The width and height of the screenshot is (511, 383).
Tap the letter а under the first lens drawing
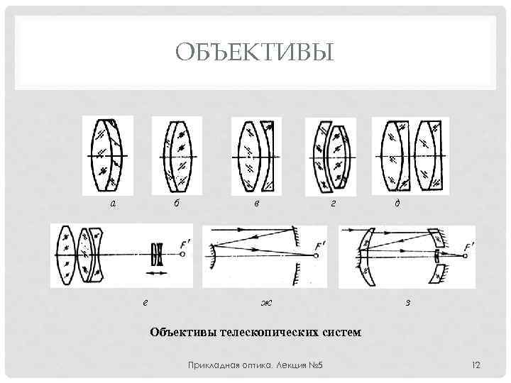111,204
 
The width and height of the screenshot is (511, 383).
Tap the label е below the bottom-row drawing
145,302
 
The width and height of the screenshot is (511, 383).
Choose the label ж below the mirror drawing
266,303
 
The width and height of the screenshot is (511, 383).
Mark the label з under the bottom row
407,303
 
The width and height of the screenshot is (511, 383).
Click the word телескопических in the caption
269,331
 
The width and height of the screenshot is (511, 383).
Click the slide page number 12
476,365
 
